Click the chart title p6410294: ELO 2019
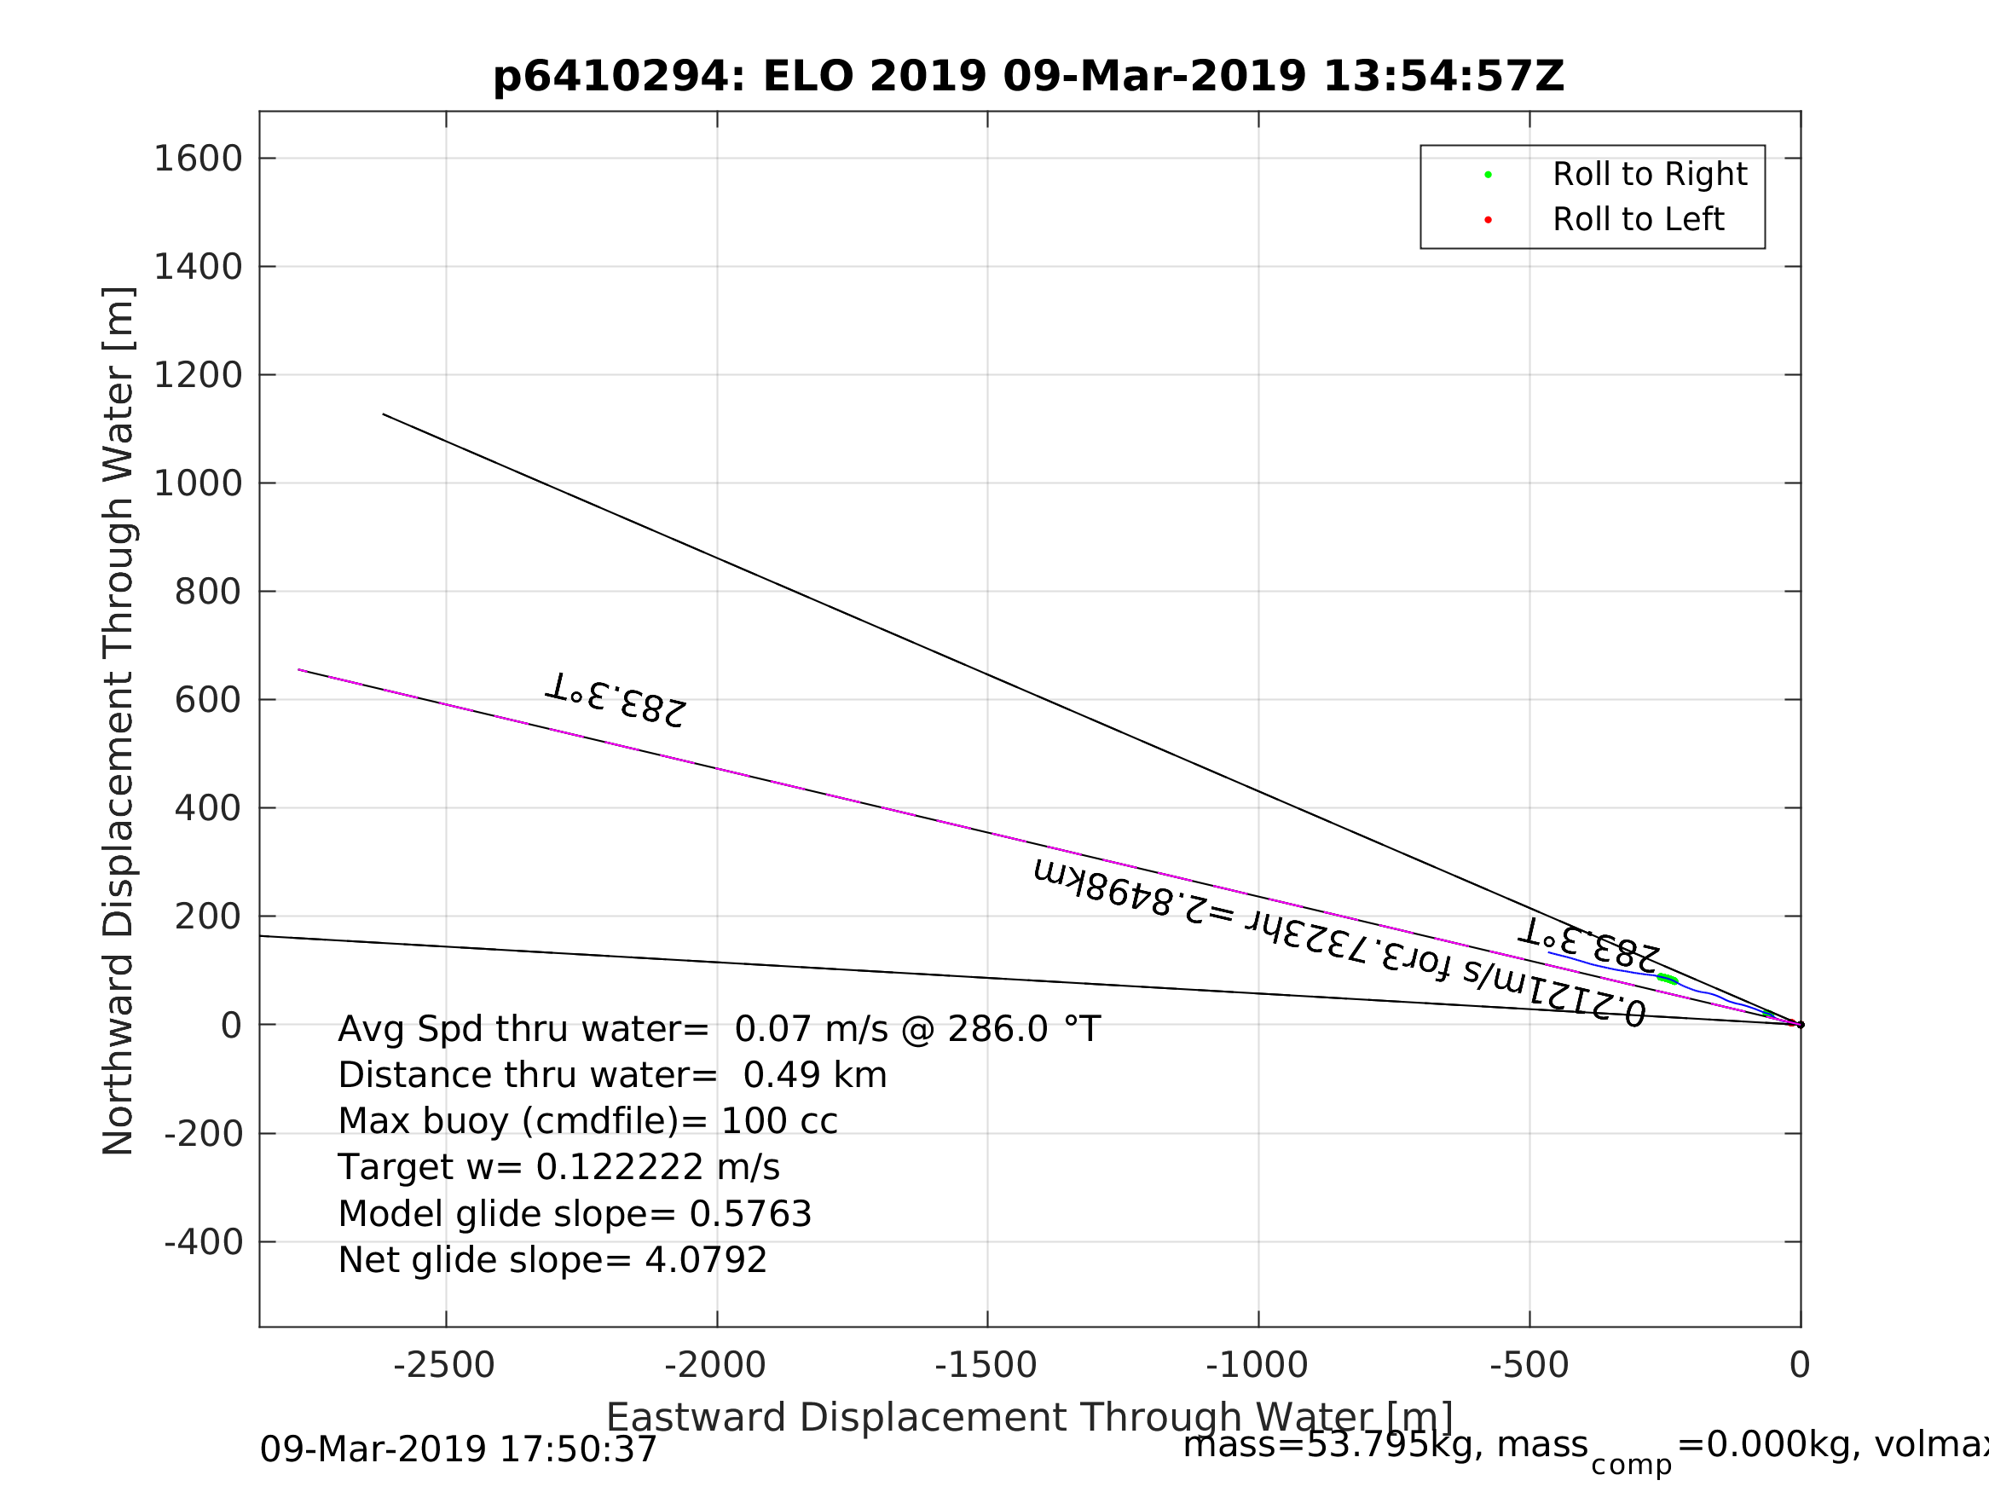[x=1029, y=77]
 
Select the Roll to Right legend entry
[x=1649, y=175]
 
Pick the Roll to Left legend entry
[x=1638, y=219]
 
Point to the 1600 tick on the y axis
[x=199, y=159]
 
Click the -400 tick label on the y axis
[x=204, y=1243]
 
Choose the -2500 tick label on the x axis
[x=444, y=1366]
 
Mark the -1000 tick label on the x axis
[x=1257, y=1366]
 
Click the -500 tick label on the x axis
[x=1529, y=1366]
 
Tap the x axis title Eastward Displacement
[x=1030, y=1419]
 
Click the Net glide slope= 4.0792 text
[x=552, y=1261]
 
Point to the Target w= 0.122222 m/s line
[x=558, y=1168]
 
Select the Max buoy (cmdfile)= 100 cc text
[x=587, y=1121]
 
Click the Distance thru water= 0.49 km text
[x=612, y=1076]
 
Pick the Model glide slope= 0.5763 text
[x=575, y=1215]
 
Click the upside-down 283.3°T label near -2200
[x=616, y=701]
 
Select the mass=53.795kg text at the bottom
[x=1385, y=1445]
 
